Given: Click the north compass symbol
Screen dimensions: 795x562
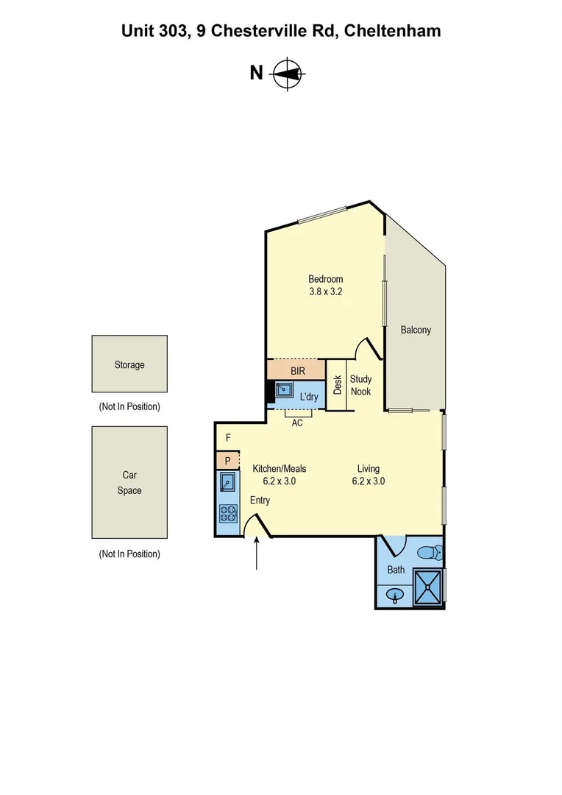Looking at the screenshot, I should coord(288,73).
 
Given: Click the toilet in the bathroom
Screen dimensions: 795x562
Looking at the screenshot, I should coord(428,552).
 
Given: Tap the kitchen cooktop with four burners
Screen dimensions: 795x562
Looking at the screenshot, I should coord(227,513).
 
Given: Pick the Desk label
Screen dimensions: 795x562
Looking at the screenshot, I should coord(338,384).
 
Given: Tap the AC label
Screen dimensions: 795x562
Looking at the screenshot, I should coord(297,423).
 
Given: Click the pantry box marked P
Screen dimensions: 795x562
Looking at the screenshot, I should coord(228,461).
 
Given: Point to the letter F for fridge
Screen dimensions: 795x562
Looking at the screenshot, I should coord(228,438).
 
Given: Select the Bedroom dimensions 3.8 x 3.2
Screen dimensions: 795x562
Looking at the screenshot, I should coord(325,291).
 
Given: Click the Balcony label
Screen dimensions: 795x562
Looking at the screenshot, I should coord(416,330).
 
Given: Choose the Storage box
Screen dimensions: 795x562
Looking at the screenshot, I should coord(129,364).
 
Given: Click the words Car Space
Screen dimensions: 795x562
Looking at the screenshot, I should coord(129,482).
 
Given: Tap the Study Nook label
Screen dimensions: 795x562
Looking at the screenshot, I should coord(360,385).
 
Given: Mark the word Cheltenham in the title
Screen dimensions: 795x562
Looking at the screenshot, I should coord(393,30).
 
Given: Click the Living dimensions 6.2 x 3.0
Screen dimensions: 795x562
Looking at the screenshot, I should coord(368,481).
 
